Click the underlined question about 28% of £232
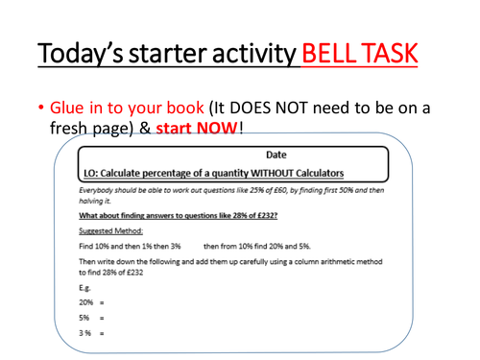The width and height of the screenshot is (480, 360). (x=168, y=216)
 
